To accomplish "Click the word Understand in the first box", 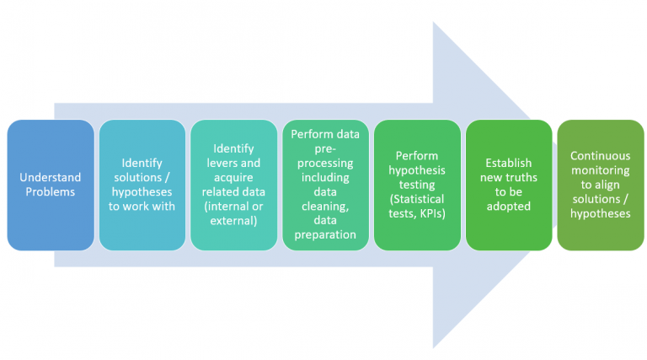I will (x=50, y=177).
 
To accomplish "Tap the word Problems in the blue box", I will (x=50, y=191).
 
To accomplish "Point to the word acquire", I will (x=233, y=177).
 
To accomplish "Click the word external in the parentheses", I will (x=233, y=221).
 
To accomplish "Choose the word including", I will (x=324, y=177).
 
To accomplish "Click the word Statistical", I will (x=419, y=199).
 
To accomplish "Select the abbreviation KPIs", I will (x=434, y=213).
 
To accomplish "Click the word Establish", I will (x=508, y=163).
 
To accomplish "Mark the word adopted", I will (x=508, y=207).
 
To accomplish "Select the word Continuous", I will (x=600, y=156).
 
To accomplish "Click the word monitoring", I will (x=600, y=170).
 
